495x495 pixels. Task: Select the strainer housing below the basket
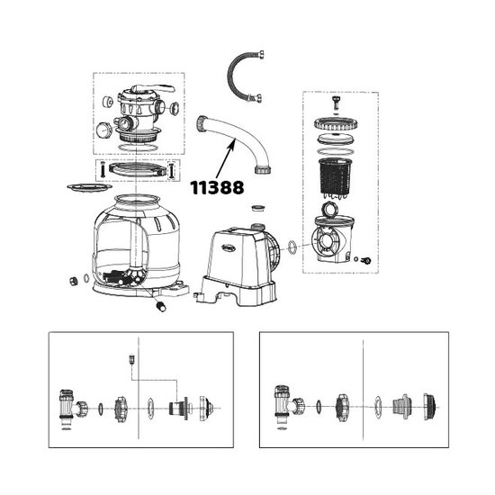(336, 238)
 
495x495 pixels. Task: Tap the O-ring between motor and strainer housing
(292, 246)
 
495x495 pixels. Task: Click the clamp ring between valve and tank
(137, 168)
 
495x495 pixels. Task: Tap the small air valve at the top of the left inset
(132, 357)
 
